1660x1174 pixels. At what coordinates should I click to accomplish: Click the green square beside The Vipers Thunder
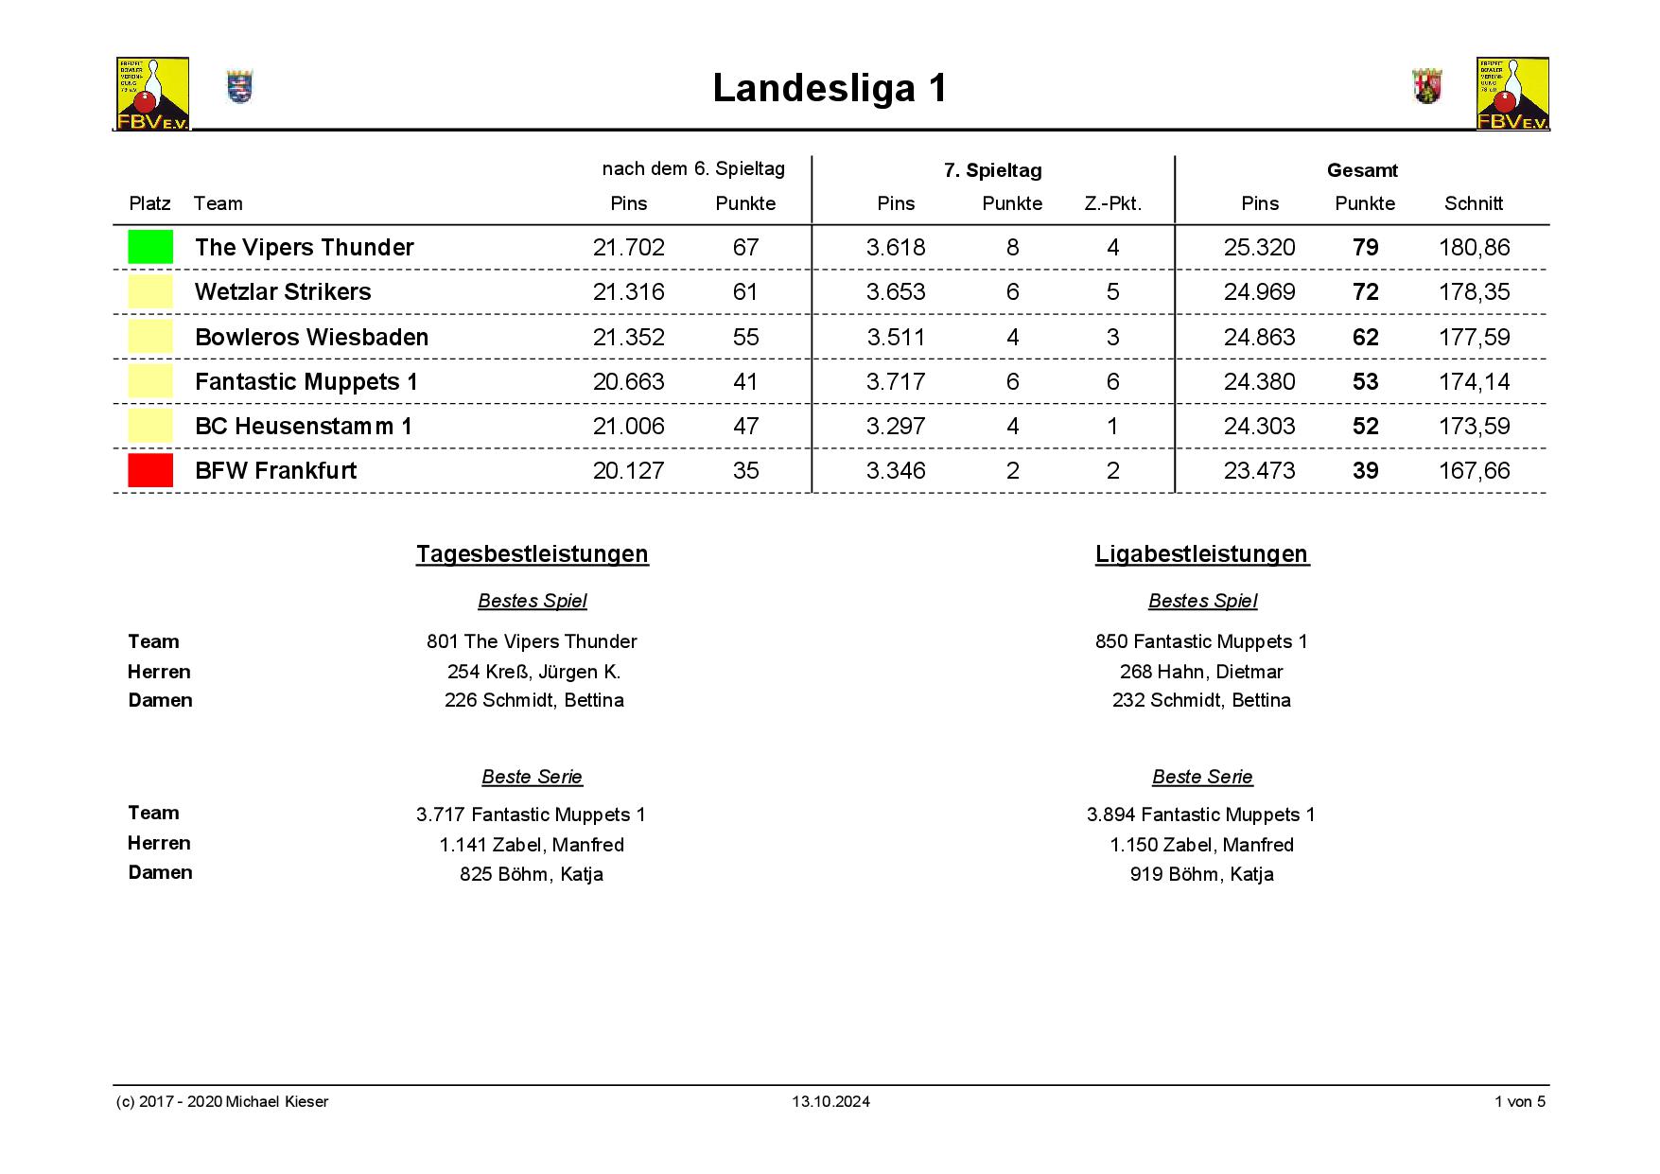point(150,247)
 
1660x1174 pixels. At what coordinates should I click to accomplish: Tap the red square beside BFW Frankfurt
point(150,470)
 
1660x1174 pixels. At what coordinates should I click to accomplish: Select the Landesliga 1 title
point(830,88)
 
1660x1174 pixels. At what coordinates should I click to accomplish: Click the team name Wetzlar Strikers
point(283,291)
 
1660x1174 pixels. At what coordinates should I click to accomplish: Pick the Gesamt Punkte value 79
point(1365,247)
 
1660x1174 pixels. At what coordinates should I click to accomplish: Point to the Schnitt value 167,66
point(1474,470)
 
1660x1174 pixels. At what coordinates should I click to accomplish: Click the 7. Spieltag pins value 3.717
point(896,381)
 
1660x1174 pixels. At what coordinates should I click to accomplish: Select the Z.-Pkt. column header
point(1112,203)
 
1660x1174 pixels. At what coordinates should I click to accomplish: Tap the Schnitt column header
point(1473,203)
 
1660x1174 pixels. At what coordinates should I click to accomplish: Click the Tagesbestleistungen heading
point(533,554)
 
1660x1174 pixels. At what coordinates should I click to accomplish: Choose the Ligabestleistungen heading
point(1202,554)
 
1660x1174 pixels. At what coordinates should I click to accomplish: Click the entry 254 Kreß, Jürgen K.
point(533,672)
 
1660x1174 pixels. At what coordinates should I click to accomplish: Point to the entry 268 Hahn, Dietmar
point(1201,672)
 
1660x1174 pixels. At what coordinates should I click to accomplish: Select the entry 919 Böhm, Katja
point(1201,874)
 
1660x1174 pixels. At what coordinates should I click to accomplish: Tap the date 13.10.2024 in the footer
point(830,1101)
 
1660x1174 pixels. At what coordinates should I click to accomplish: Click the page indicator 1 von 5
point(1519,1101)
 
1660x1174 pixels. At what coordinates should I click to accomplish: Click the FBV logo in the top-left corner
point(152,93)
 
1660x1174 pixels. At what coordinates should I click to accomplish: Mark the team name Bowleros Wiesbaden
point(311,337)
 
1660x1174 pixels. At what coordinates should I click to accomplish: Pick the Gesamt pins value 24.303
point(1259,426)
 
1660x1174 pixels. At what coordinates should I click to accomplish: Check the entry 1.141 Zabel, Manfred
point(532,845)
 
